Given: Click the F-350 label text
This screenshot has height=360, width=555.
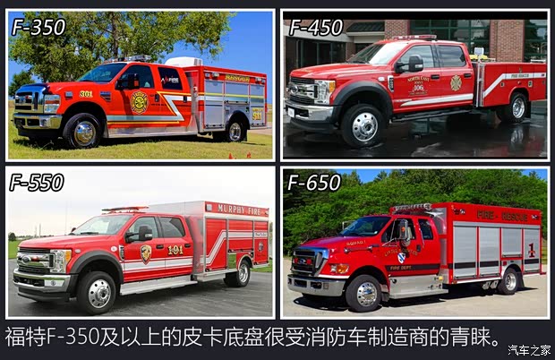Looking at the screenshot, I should (x=38, y=27).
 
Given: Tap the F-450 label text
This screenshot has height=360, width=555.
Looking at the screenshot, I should (x=316, y=27).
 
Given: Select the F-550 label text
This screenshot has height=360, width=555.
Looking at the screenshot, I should (x=37, y=183).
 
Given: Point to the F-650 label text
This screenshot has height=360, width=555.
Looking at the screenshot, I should (x=314, y=183).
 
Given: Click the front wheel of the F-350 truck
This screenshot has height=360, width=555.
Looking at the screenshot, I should (x=83, y=131).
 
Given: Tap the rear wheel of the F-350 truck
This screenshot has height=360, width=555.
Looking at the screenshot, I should (x=235, y=131).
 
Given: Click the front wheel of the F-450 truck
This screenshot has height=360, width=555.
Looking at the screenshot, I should (x=363, y=124).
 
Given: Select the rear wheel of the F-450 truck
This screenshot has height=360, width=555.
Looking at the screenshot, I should (x=515, y=107).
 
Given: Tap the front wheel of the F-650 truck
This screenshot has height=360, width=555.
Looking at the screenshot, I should (x=366, y=293).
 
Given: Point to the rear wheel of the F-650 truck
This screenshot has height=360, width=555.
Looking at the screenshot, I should (x=509, y=280).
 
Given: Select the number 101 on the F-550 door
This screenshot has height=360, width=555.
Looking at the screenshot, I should (x=175, y=250).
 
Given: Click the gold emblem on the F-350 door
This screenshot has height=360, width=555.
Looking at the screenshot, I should (x=140, y=101).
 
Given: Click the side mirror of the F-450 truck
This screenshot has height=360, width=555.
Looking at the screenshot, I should (x=414, y=64).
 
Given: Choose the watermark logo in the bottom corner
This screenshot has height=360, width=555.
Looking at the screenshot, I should (x=529, y=349).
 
